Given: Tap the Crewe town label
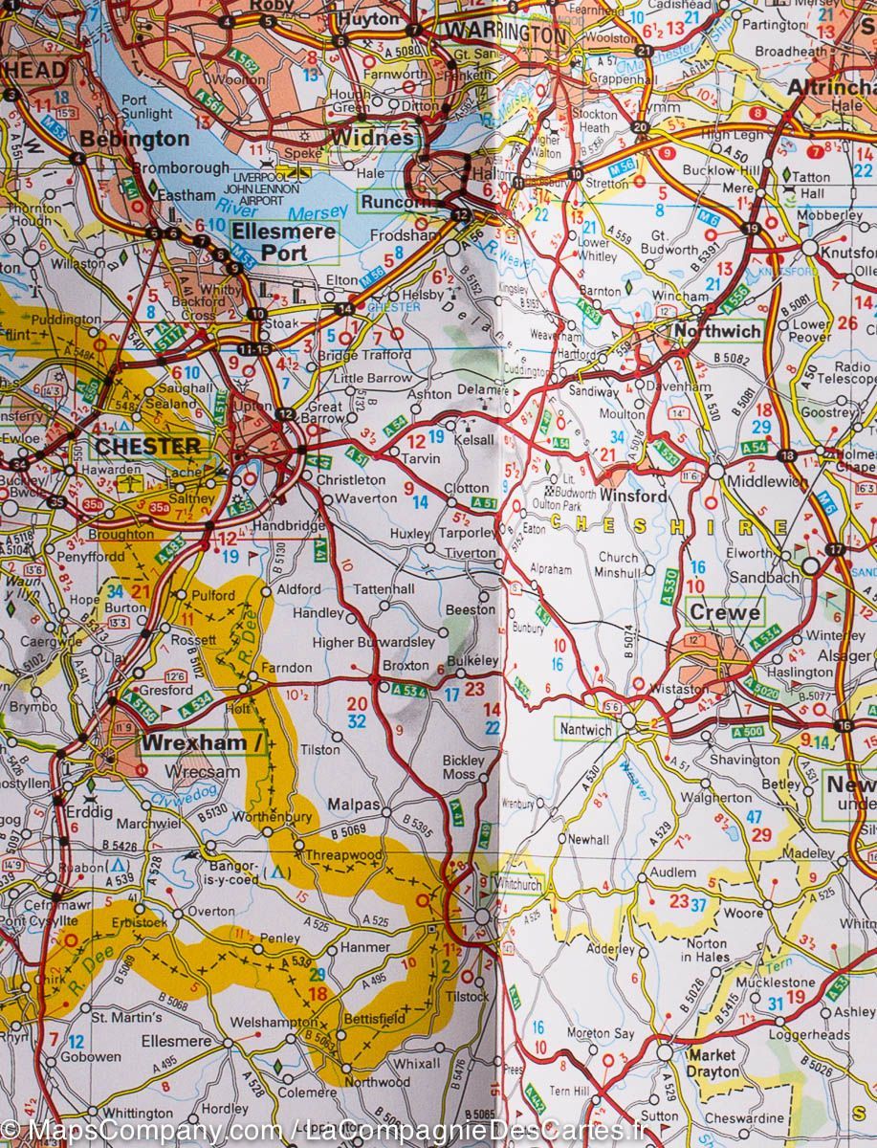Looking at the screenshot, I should point(724,612).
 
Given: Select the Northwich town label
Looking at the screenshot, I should point(716,331).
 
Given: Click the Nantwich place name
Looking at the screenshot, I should point(585,730).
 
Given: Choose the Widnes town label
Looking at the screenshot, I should point(374,138).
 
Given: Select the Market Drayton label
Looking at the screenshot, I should point(713,1063).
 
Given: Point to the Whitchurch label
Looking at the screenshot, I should point(517,885).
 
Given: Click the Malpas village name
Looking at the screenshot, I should point(354,805).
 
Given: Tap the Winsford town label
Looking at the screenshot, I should point(633,497).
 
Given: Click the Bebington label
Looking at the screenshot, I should point(134,139).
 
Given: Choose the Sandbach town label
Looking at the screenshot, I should point(763,578).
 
